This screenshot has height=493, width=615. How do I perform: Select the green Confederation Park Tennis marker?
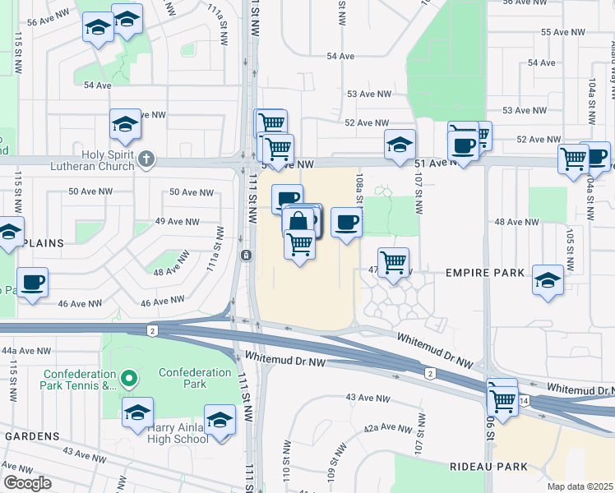click(127, 379)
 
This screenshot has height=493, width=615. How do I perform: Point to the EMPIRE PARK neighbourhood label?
click(479, 272)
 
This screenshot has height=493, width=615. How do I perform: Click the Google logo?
click(27, 482)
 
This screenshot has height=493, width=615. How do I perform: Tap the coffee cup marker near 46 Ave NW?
click(33, 283)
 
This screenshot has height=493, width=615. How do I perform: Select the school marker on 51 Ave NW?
click(400, 145)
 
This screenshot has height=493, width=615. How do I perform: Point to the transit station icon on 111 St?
click(246, 256)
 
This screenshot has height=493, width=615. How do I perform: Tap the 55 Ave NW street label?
click(563, 32)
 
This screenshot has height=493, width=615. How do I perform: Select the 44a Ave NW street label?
click(21, 350)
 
